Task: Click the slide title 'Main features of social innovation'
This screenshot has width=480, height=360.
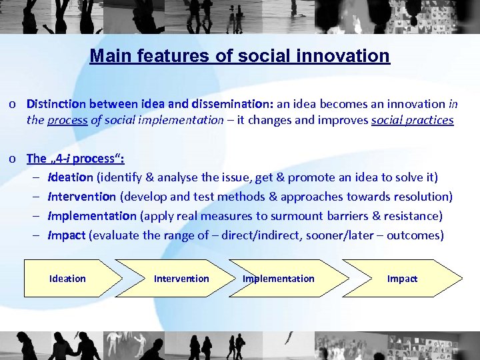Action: click(239, 55)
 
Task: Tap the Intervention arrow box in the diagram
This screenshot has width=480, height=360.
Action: click(181, 278)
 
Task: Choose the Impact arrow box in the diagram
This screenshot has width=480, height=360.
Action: click(402, 278)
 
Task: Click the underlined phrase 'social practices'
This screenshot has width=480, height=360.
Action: click(412, 121)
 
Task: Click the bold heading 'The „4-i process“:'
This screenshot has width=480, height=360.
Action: click(75, 159)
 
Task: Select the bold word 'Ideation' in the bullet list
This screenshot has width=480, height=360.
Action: click(71, 177)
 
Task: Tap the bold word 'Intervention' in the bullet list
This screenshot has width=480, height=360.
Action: click(82, 197)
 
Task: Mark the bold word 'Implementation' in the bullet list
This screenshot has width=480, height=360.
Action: click(92, 216)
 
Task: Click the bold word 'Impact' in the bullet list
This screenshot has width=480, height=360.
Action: click(67, 235)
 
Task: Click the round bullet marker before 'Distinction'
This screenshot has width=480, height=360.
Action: click(13, 105)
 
